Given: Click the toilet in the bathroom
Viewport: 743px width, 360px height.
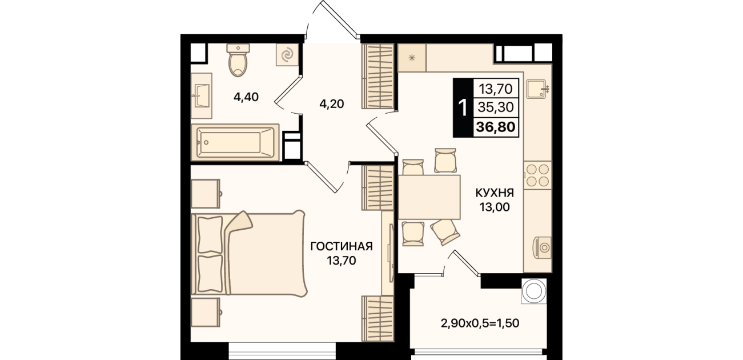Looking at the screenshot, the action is tap(238, 60).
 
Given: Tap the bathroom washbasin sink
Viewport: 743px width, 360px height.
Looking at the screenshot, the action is tap(202, 96).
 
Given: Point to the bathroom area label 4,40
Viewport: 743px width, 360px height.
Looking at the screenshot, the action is tap(246, 97).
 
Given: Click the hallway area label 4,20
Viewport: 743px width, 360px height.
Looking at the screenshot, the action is tap(331, 104).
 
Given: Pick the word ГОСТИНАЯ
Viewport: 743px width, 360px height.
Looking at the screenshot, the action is tap(342, 246).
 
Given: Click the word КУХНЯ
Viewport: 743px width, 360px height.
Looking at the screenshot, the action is tap(495, 193).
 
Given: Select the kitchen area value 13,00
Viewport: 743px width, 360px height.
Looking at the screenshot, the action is tap(494, 207).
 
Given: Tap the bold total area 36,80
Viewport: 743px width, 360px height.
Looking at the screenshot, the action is tap(496, 127).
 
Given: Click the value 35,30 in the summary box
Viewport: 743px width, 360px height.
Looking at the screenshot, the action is tap(496, 107).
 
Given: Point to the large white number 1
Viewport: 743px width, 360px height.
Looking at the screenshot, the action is tap(463, 107).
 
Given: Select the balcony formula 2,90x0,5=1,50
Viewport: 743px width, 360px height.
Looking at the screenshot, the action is tap(480, 323).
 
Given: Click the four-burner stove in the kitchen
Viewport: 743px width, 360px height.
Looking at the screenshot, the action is tap(537, 175).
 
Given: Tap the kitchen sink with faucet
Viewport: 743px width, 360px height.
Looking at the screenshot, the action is tap(537, 89).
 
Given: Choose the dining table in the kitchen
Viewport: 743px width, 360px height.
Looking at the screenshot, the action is tap(429, 197).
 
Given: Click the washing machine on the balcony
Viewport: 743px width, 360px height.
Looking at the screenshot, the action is tap(534, 291).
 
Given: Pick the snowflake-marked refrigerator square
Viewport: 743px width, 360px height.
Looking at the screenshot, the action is tap(412, 58).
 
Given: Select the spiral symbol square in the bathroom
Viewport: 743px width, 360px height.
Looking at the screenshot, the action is tap(288, 55).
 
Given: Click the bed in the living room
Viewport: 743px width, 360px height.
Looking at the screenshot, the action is tap(248, 254).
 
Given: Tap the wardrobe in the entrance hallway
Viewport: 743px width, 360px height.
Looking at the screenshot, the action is tap(377, 77).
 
